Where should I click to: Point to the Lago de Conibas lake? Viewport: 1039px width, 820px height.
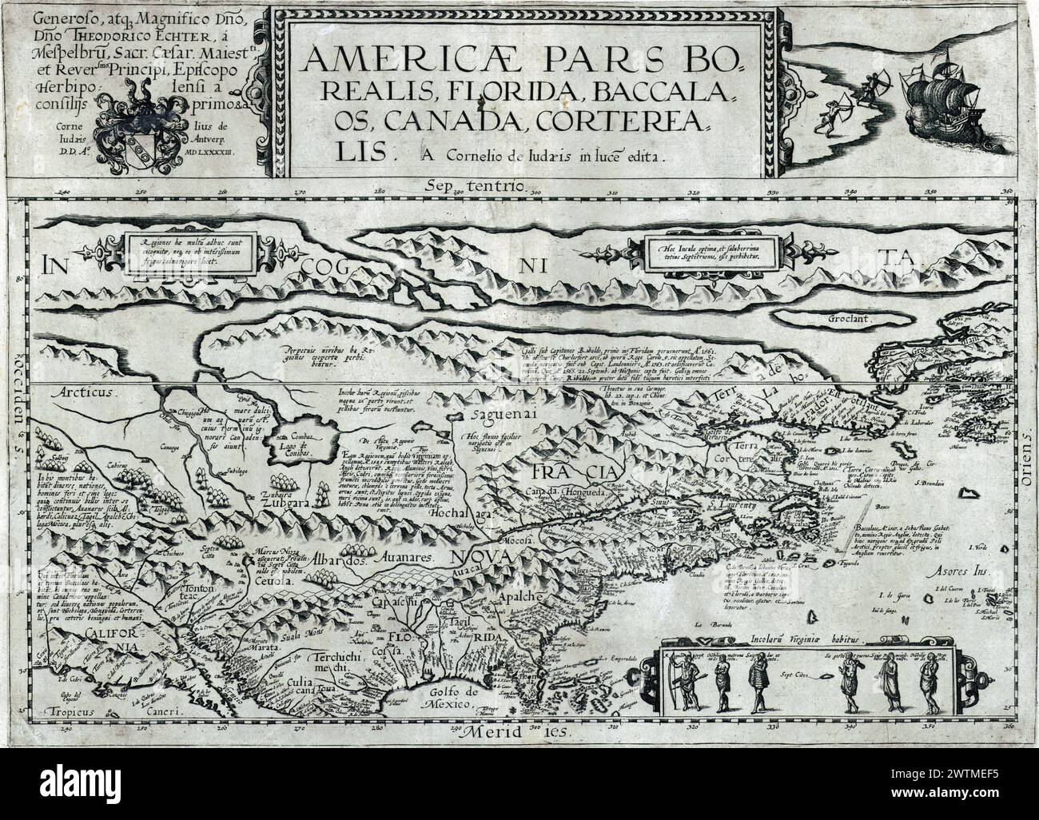[297, 436]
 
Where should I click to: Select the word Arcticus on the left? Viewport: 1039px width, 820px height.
[87, 393]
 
